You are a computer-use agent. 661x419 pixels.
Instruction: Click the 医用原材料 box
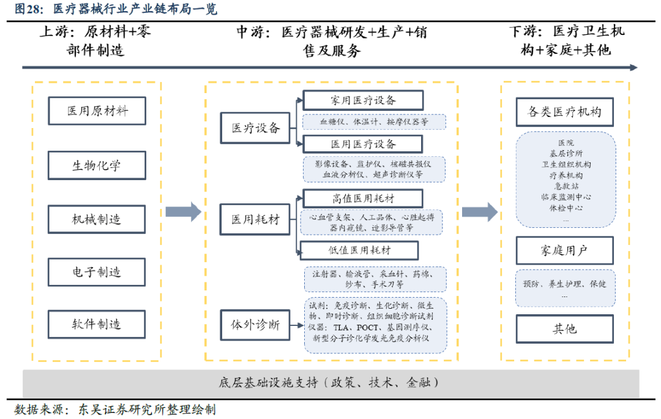click(97, 111)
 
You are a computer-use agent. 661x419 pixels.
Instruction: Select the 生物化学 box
click(97, 165)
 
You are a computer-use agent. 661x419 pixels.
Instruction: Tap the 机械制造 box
click(97, 219)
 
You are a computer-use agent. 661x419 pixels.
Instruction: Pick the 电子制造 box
click(97, 272)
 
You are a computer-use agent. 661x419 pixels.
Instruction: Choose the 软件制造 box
click(97, 324)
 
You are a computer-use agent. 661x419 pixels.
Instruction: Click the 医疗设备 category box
click(255, 128)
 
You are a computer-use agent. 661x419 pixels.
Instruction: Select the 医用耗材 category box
click(255, 219)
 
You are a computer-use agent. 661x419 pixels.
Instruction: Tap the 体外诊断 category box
click(255, 324)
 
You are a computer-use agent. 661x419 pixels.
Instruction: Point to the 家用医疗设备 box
click(363, 100)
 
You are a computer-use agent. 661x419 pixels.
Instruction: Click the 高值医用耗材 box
click(363, 198)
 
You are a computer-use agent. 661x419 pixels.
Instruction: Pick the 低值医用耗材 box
click(359, 250)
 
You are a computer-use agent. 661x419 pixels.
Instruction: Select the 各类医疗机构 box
click(564, 112)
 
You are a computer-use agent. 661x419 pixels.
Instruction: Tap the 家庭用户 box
click(564, 251)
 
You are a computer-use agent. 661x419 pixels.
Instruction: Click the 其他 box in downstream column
click(564, 329)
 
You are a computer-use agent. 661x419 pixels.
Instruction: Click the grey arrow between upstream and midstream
click(183, 211)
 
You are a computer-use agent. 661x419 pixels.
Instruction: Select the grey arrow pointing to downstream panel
click(479, 211)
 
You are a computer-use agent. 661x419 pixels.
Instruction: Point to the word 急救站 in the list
click(564, 186)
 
